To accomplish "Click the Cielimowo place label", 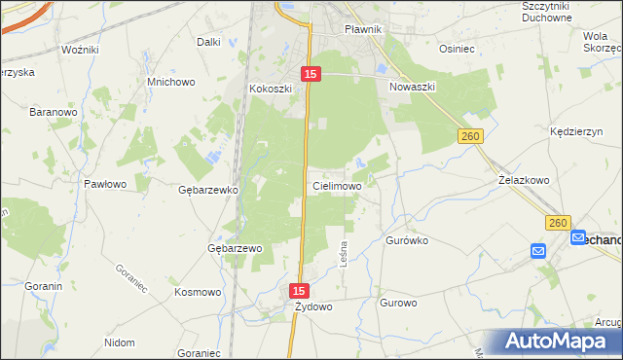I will coord(338,185).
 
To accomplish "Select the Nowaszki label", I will coord(412,87).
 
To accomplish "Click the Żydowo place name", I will coord(313,306).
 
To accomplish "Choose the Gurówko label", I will coord(408,239).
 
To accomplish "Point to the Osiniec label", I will coord(457,48).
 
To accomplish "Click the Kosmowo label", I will coord(198,292).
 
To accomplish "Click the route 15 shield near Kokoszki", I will coord(311,74).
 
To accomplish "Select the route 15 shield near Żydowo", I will coord(299,291).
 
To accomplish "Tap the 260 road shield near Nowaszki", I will coord(471,138).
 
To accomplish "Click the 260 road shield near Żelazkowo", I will coord(557,224).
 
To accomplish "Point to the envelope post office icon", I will coord(539,251).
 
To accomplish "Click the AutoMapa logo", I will coord(558,342).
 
